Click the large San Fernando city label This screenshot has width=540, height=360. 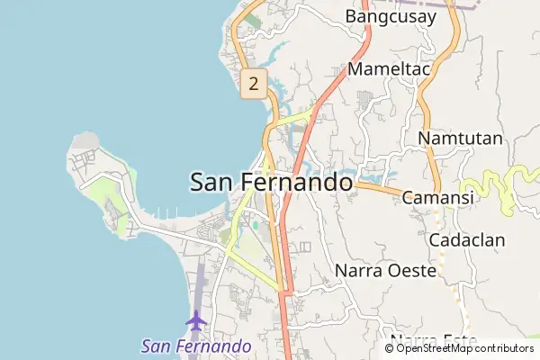(271, 182)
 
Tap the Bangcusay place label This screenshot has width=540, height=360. (390, 16)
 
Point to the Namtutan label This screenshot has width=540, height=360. (460, 139)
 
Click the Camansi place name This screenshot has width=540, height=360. (437, 197)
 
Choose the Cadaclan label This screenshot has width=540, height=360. (467, 240)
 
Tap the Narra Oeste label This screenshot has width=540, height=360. (385, 269)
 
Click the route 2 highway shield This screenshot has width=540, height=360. (254, 85)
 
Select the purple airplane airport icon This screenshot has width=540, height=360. (196, 319)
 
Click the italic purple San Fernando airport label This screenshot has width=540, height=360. (196, 346)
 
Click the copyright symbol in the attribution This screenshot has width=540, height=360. (390, 348)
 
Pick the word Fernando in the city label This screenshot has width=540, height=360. (297, 182)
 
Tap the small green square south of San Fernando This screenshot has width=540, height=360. (255, 225)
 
